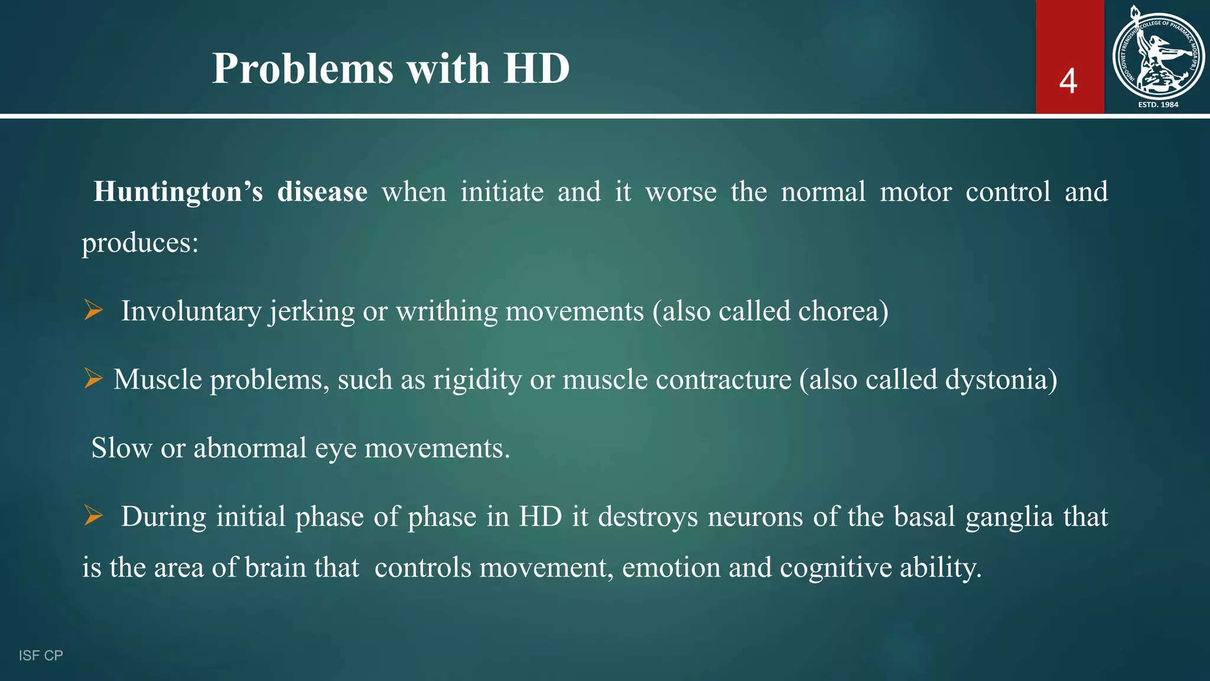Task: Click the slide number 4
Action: pyautogui.click(x=1068, y=81)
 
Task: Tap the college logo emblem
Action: pyautogui.click(x=1158, y=53)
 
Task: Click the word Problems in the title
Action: pyautogui.click(x=302, y=69)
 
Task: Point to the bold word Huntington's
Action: pyautogui.click(x=178, y=192)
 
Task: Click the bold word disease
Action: pyautogui.click(x=322, y=192)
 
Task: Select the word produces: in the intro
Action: pyautogui.click(x=140, y=243)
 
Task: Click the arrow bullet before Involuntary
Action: pyautogui.click(x=93, y=310)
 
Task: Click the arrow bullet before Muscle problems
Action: pyautogui.click(x=93, y=378)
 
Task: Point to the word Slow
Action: pyautogui.click(x=121, y=448)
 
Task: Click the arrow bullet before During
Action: pyautogui.click(x=93, y=515)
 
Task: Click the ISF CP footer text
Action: pyautogui.click(x=41, y=656)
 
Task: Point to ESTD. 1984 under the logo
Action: pyautogui.click(x=1158, y=105)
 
